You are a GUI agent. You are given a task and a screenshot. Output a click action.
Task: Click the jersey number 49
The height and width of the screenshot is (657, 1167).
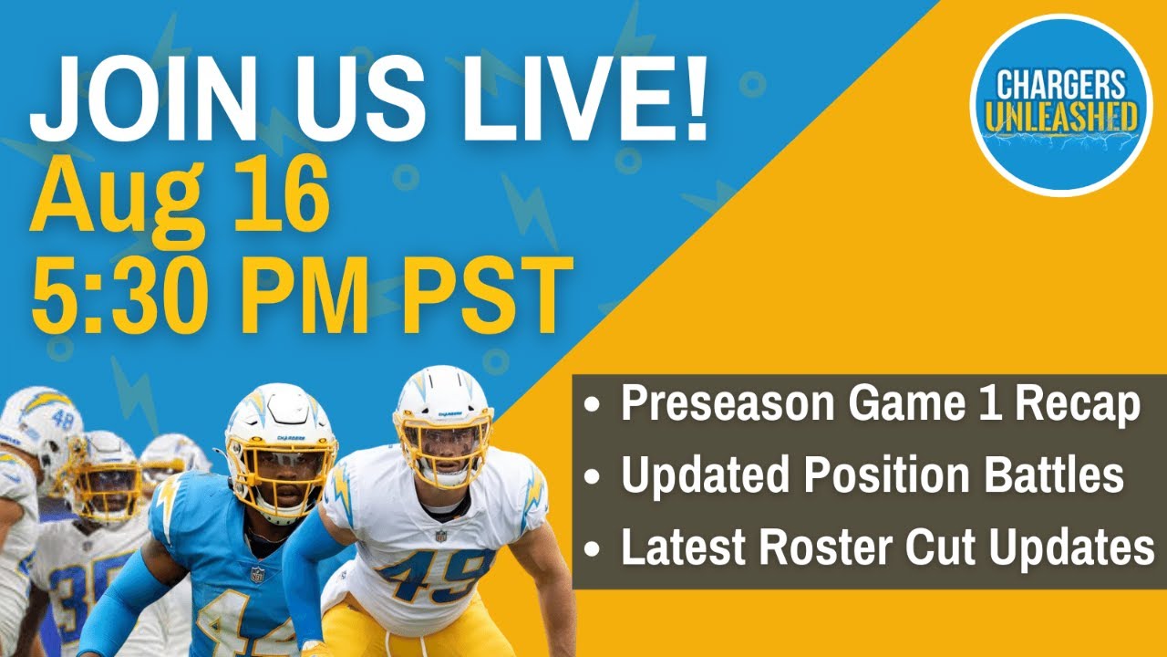tap(435, 574)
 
